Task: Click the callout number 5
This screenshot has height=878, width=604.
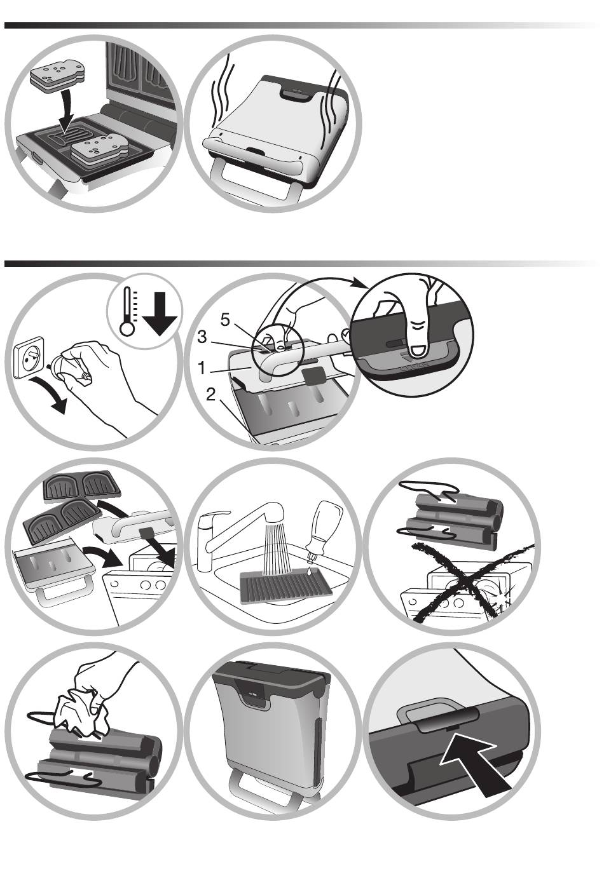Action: tap(224, 321)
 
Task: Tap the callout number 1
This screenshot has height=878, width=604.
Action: tap(201, 367)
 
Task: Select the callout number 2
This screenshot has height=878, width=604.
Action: tap(210, 395)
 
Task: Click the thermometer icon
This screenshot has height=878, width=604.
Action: tap(128, 311)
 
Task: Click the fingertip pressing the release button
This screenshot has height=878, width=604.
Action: tap(418, 344)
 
